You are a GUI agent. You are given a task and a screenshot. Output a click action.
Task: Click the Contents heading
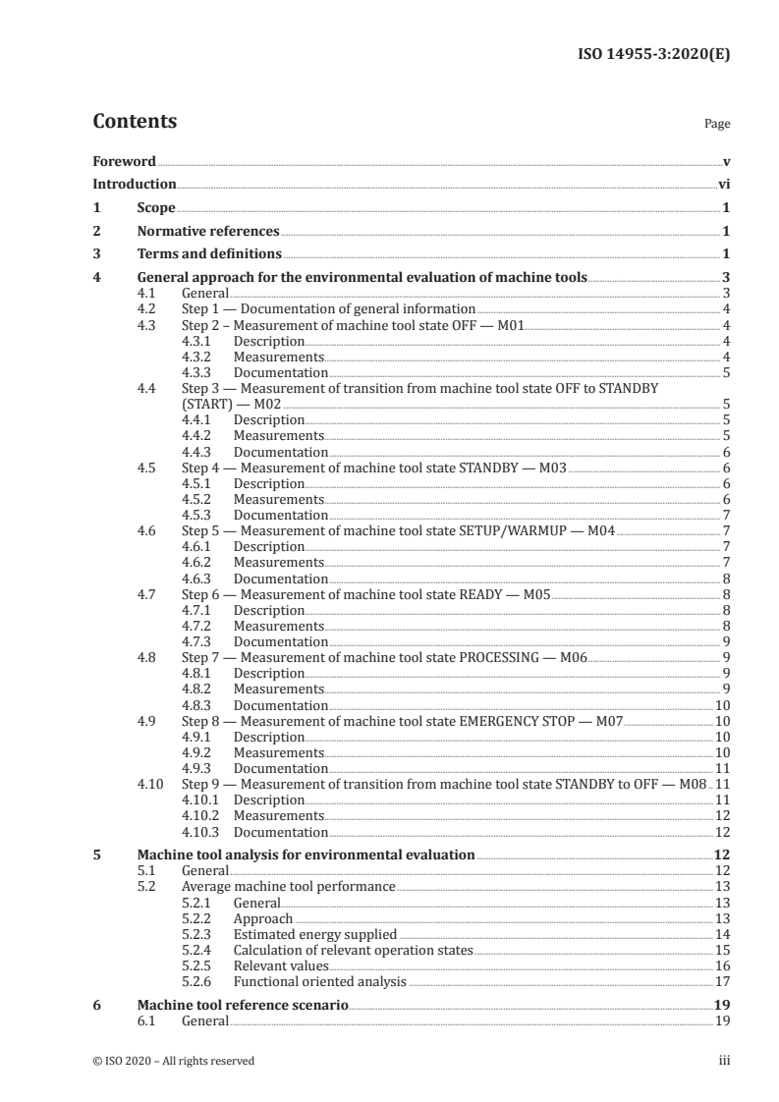click(x=135, y=122)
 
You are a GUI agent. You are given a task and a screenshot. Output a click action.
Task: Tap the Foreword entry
click(x=124, y=160)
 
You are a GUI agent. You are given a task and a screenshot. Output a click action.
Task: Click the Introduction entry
click(x=134, y=184)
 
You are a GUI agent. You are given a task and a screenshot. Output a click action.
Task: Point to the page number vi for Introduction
click(x=723, y=184)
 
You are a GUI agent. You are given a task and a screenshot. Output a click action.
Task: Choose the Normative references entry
click(x=208, y=232)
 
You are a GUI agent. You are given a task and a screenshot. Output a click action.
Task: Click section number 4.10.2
click(x=201, y=815)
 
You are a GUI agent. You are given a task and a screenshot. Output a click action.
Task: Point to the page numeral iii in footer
click(x=723, y=1061)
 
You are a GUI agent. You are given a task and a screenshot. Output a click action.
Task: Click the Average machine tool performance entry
click(x=288, y=886)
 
